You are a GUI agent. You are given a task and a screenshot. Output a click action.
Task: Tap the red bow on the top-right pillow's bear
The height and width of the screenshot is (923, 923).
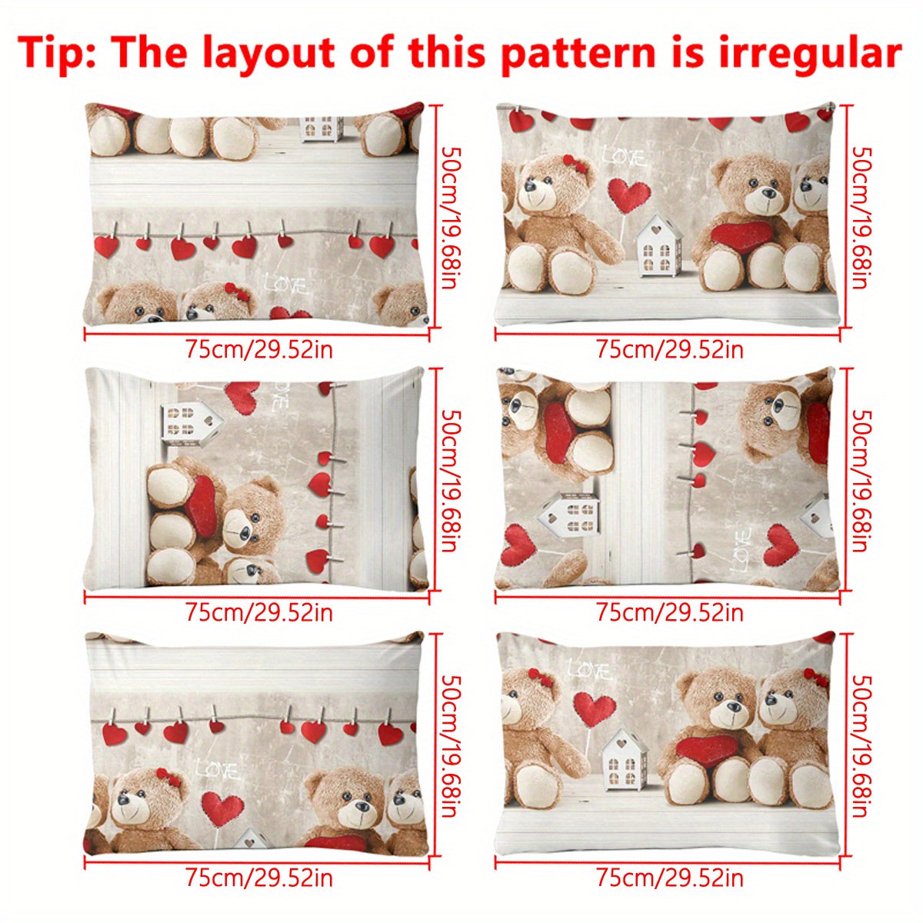tap(574, 164)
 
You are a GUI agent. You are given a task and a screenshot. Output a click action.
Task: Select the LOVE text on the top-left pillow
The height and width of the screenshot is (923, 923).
tap(285, 285)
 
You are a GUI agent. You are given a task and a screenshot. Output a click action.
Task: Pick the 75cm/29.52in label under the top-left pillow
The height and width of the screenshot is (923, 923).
tap(259, 350)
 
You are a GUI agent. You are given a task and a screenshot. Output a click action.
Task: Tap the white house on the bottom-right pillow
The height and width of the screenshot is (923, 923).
tap(623, 758)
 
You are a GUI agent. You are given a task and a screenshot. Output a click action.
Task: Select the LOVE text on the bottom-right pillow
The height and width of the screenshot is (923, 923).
tap(589, 671)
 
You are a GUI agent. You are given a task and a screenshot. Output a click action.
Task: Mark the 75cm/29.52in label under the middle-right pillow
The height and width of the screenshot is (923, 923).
tap(670, 613)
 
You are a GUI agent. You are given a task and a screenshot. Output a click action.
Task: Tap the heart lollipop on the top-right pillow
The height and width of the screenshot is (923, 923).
tap(629, 196)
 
